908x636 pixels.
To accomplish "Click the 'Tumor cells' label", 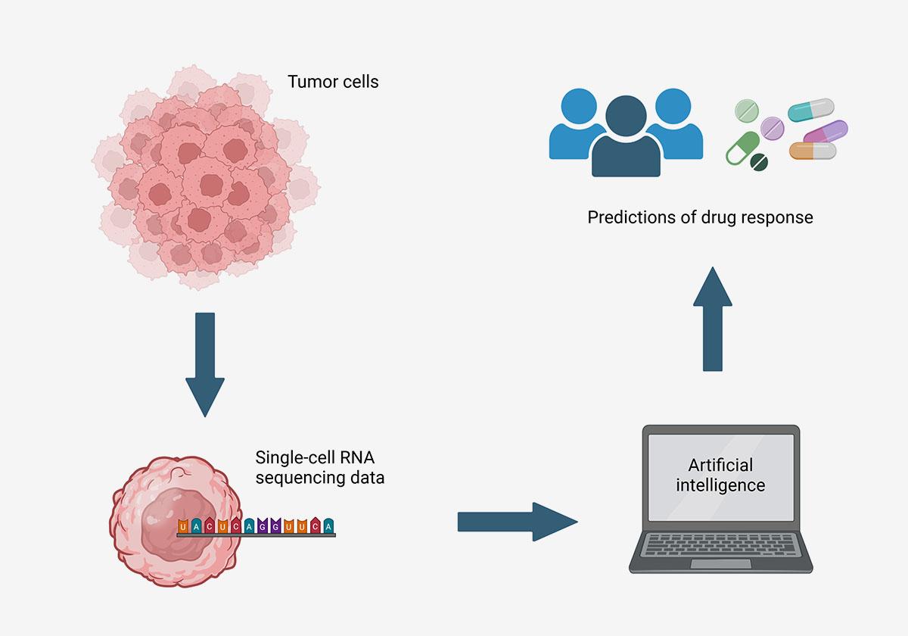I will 333,81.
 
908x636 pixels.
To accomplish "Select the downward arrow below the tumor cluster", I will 205,363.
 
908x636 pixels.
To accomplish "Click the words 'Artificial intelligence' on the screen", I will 720,475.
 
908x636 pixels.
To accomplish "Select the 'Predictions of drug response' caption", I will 700,217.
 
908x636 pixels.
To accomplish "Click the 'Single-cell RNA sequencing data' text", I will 319,467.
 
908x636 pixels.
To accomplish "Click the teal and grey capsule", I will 810,111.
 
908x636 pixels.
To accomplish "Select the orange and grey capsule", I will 812,151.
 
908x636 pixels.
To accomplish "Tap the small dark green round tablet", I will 758,162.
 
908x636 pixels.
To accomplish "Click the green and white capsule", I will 742,148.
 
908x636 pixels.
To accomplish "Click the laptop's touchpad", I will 720,564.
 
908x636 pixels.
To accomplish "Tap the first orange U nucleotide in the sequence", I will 184,525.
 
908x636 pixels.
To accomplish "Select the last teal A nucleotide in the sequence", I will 327,525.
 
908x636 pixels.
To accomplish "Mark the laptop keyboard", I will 720,544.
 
